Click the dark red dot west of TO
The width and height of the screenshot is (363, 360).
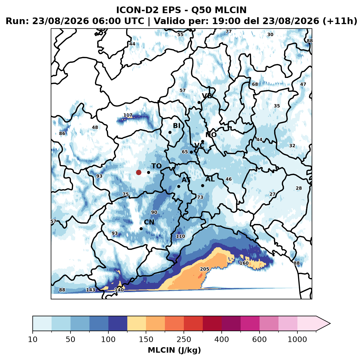coord(139,172)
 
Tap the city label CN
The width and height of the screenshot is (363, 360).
coord(149,222)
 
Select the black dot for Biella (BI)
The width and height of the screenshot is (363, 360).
coord(170,133)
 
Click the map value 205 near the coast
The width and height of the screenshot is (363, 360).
coord(205,269)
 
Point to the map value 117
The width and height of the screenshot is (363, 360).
coord(128,115)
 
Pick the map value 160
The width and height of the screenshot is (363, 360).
coord(244,263)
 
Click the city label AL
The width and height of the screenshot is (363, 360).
coord(210,179)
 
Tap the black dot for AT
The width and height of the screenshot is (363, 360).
coord(179,187)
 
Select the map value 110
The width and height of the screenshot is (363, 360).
coord(181,236)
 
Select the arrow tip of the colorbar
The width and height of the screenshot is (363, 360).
coord(330,324)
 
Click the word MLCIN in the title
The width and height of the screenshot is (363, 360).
coord(230,10)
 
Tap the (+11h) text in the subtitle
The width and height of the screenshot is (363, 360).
coord(340,21)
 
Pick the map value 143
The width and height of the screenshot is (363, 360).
coord(91,290)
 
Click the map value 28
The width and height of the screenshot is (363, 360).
coord(299,188)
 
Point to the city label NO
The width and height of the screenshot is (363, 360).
coord(211,135)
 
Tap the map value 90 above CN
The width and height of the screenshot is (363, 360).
coord(154,212)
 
